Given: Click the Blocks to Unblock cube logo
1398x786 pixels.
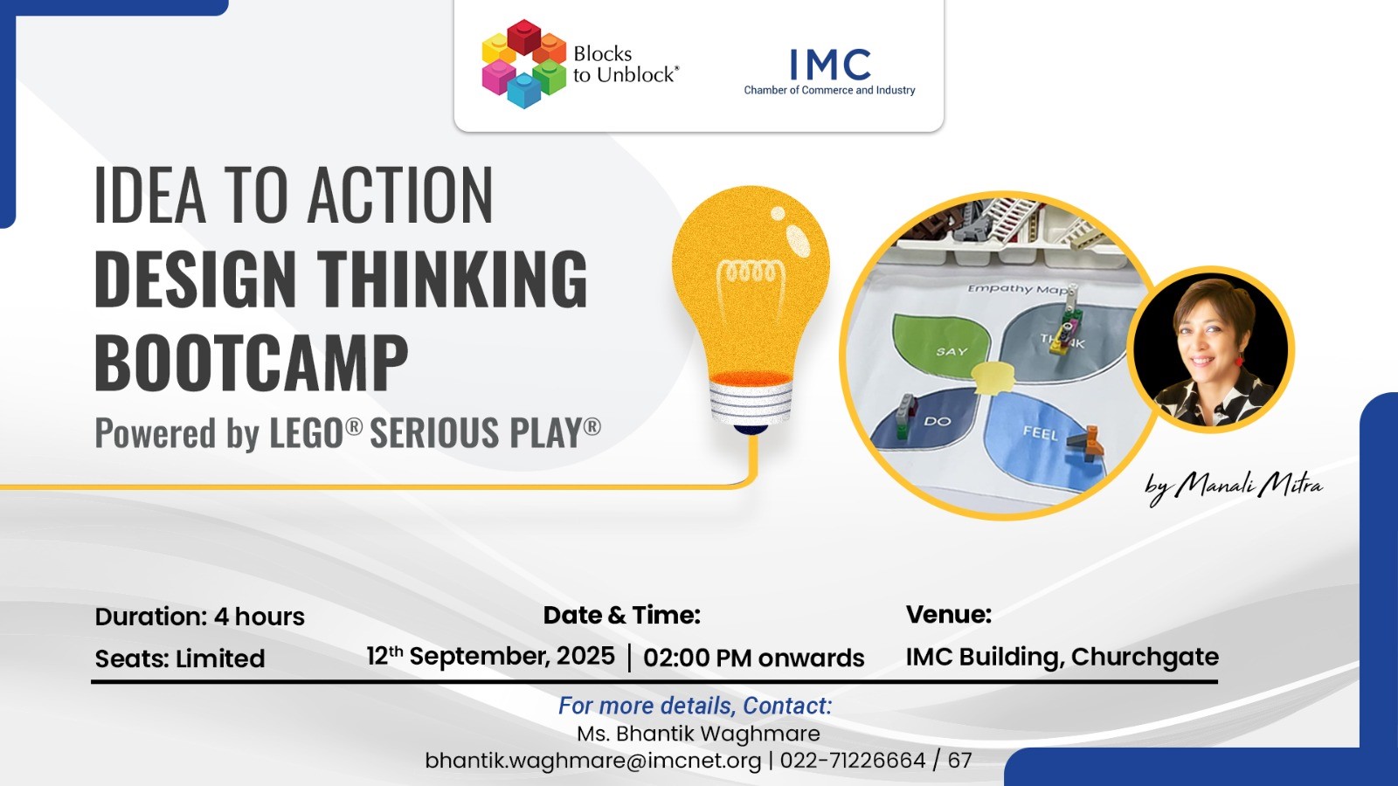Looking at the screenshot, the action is [524, 64].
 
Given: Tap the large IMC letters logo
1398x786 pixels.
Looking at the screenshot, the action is [830, 65].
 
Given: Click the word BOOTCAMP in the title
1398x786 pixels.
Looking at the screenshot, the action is [252, 362].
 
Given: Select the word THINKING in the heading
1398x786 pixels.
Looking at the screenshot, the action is [453, 279].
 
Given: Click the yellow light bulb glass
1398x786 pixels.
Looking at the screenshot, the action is [751, 280].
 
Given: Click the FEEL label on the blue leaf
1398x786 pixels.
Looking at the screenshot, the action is [1040, 432].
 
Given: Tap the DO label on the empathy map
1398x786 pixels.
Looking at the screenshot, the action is [938, 422].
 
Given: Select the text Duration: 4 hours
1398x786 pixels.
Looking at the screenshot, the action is [200, 617].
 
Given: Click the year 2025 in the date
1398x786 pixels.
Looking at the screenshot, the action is [585, 656].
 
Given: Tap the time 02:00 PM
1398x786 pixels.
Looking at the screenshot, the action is [697, 658].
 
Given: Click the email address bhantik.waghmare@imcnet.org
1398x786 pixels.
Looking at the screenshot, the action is [593, 761].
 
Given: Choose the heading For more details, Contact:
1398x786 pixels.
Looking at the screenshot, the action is [696, 706].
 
